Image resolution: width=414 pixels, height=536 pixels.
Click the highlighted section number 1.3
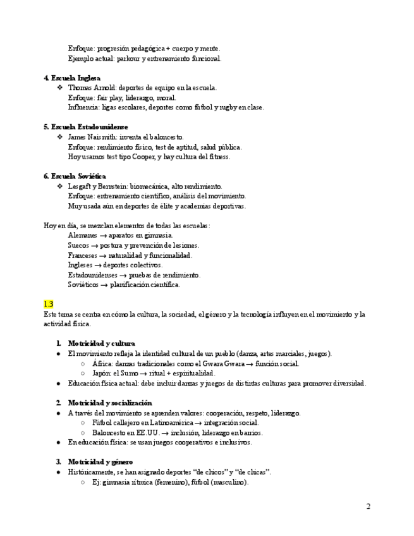48,304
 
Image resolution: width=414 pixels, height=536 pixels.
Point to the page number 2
368,506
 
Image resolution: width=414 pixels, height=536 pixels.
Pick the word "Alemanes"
82,235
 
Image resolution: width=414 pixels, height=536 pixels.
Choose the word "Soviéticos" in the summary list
83,284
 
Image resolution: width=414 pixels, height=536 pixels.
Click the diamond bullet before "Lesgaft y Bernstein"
60,186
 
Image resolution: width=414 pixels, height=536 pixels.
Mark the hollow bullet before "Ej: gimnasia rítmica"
83,482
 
